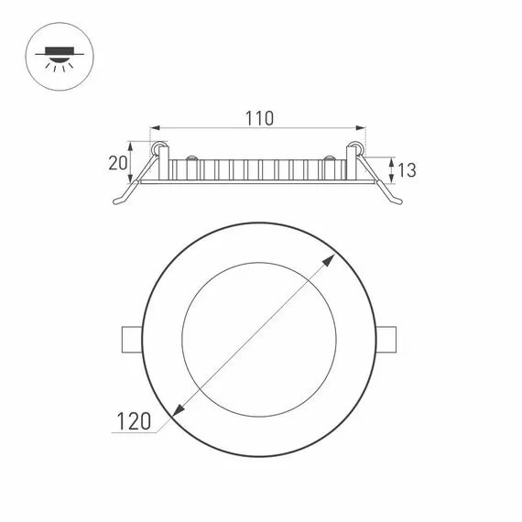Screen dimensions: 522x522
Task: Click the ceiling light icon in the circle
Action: (58, 57)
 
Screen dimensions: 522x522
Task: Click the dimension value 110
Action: (259, 118)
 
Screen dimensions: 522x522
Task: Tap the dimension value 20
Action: (116, 163)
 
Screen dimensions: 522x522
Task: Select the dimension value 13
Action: (408, 169)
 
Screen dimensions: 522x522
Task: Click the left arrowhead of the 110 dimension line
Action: (155, 129)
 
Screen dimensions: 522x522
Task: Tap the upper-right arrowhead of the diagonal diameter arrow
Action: (330, 260)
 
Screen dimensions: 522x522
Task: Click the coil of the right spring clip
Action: (356, 148)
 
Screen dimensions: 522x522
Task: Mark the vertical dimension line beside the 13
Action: (392, 169)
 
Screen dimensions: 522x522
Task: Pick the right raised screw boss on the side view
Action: (327, 162)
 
